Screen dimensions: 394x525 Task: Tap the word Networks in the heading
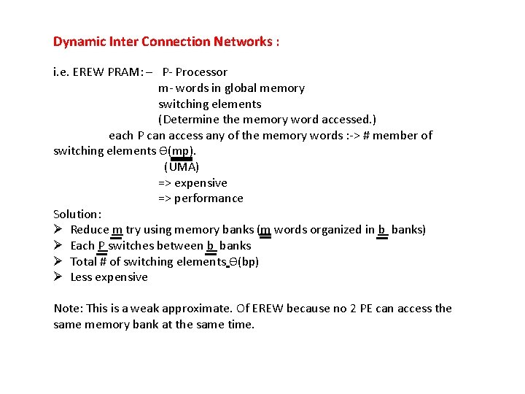243,42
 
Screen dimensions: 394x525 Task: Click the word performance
209,198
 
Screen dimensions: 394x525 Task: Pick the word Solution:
77,215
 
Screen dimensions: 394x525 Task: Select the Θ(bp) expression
244,262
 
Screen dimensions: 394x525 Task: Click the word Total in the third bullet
85,262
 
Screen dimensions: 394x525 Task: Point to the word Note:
68,309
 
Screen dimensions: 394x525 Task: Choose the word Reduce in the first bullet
89,230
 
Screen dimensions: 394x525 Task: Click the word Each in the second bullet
82,246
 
